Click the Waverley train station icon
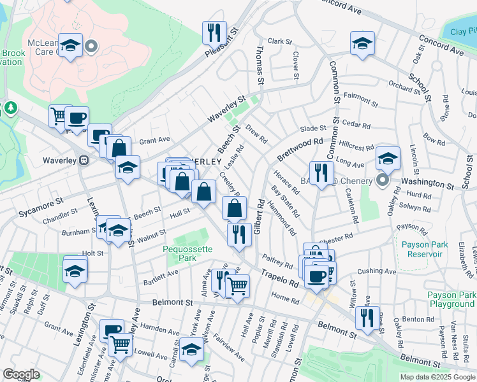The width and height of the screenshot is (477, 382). tap(82, 161)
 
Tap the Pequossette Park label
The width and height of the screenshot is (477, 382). tap(187, 254)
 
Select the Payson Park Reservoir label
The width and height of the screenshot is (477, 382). tap(422, 249)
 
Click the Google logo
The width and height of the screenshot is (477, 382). tap(21, 374)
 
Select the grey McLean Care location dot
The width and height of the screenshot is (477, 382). tap(91, 46)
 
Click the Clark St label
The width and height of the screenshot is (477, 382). tap(279, 41)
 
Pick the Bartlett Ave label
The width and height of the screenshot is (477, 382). tap(161, 274)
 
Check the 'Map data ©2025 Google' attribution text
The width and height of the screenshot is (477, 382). tap(437, 377)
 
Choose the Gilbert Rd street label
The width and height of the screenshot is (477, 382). tap(259, 217)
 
